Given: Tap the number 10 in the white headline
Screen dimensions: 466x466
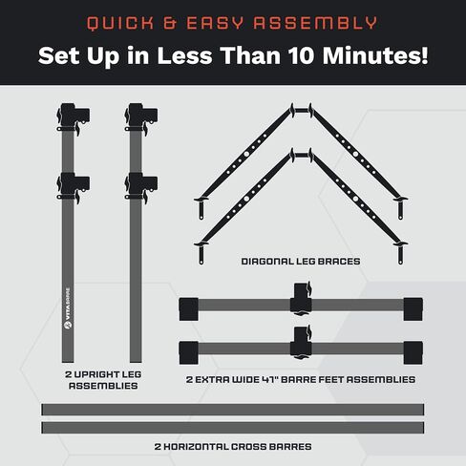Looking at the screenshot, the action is tap(301, 55).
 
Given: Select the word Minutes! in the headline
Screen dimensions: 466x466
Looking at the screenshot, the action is tap(375, 55).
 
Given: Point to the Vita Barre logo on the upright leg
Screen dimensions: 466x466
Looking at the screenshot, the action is tap(68, 308).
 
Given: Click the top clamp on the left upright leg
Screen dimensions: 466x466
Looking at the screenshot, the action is tap(73, 118).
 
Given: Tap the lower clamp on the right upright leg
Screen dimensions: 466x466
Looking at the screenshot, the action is tap(141, 188).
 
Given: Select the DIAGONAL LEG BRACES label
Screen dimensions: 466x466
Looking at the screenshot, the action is tap(301, 262).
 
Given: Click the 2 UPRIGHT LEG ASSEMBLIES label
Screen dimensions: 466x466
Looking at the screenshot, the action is tap(103, 380).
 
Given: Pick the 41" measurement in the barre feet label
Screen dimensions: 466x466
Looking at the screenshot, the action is tap(270, 379).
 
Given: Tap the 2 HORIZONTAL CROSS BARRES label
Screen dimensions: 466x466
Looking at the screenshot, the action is tap(233, 447).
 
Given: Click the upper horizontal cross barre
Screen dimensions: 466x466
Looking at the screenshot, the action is tap(233, 410).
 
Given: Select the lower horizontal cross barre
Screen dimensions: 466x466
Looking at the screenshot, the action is tap(233, 428).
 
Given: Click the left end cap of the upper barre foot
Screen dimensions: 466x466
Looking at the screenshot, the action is tap(189, 309).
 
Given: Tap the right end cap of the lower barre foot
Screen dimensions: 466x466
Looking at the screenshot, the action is tap(413, 352).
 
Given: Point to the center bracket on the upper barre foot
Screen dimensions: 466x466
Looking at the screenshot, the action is tap(301, 299).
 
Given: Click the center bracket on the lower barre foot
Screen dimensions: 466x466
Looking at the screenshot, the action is tap(301, 343).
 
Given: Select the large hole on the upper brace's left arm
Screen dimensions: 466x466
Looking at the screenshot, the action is tap(246, 154).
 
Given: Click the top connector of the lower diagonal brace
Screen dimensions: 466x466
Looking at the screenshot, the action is tap(301, 156).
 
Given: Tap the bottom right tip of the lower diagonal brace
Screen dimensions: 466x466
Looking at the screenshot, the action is tap(400, 262).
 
